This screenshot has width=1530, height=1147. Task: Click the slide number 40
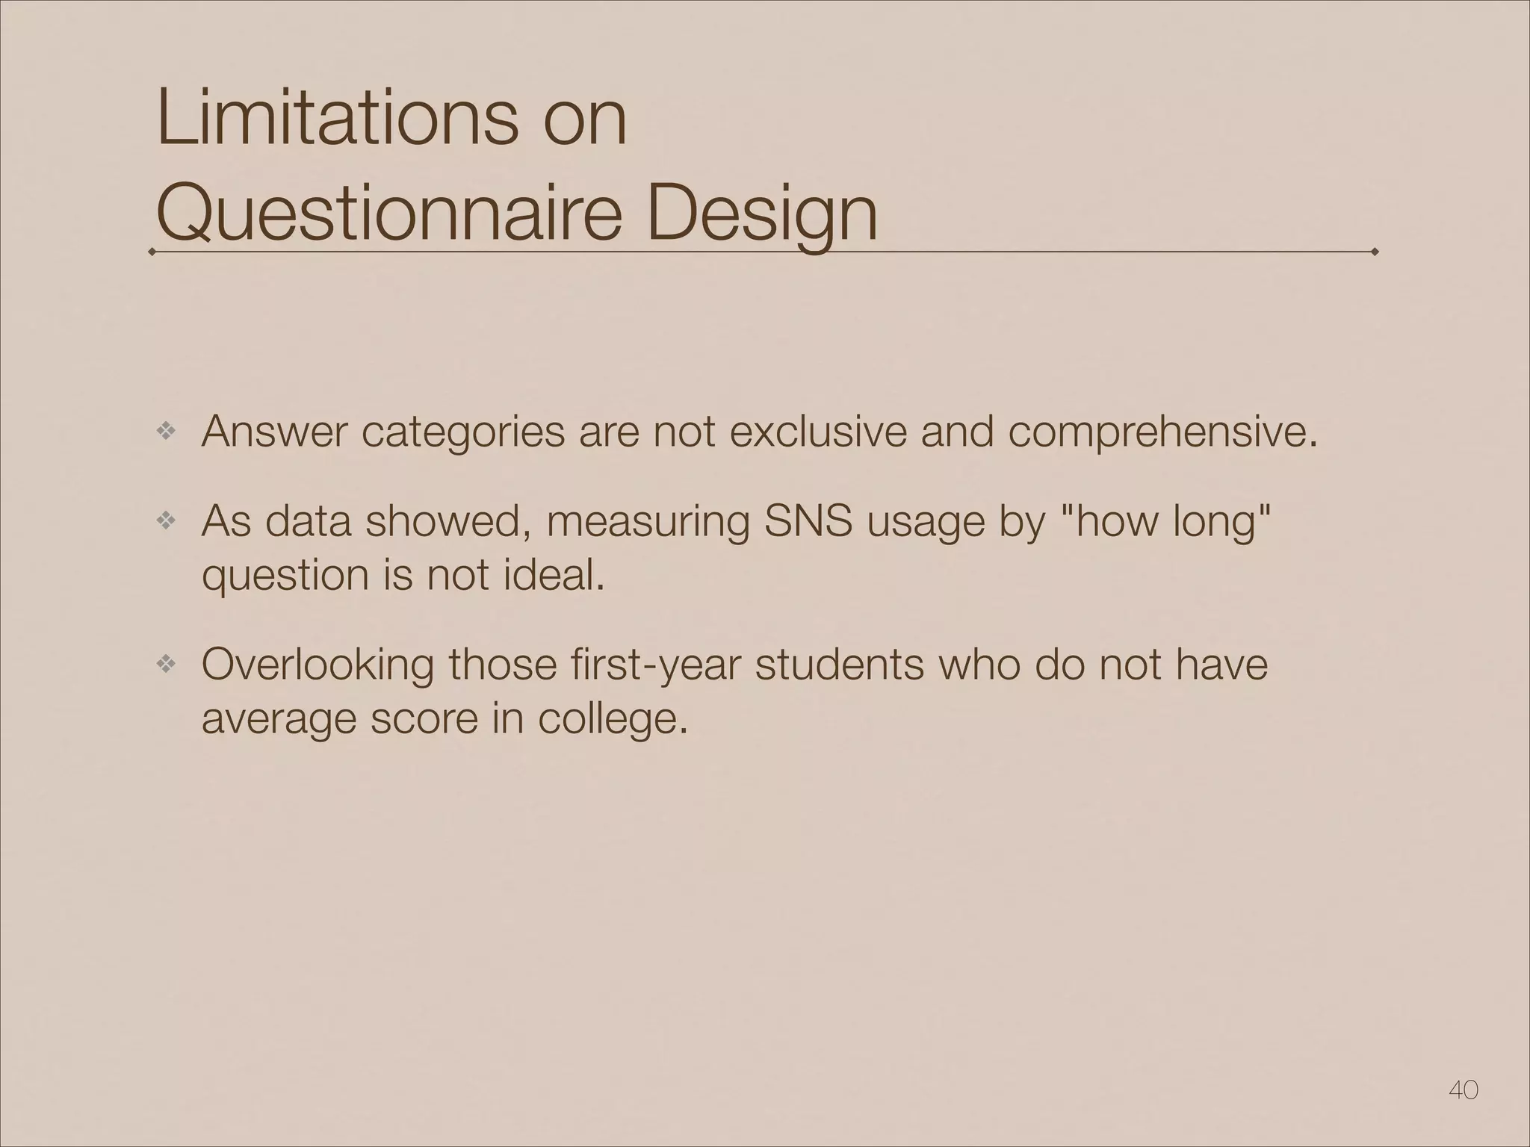(1463, 1090)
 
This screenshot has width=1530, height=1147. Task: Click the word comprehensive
(1161, 433)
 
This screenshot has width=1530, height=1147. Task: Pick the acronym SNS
(808, 521)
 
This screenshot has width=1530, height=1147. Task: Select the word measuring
(648, 521)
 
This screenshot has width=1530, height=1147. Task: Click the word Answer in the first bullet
(275, 432)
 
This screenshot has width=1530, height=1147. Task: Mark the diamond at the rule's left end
(152, 252)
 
